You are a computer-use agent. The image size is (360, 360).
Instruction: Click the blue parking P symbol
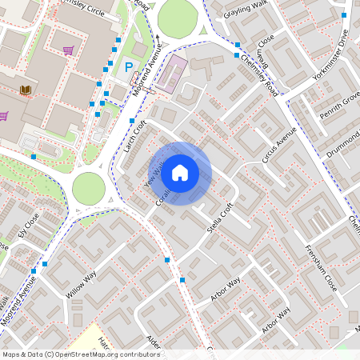pyautogui.click(x=129, y=70)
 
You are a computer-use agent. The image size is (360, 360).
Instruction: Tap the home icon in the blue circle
pyautogui.click(x=180, y=173)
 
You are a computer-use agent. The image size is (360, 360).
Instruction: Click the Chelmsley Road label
pyautogui.click(x=259, y=73)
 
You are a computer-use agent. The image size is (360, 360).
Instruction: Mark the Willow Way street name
pyautogui.click(x=81, y=284)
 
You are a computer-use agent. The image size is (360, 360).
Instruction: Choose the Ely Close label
pyautogui.click(x=28, y=229)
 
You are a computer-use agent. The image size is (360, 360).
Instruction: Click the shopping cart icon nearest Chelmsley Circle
pyautogui.click(x=69, y=50)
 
